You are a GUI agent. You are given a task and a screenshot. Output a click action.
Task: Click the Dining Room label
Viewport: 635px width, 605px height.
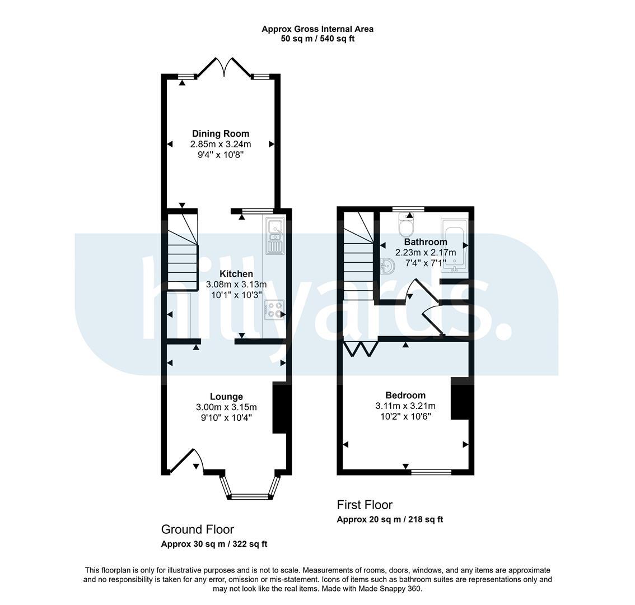click(220, 133)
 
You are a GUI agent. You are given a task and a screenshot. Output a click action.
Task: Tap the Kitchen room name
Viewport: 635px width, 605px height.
click(236, 273)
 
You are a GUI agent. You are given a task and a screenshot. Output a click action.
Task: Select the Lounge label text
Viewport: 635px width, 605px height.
click(226, 397)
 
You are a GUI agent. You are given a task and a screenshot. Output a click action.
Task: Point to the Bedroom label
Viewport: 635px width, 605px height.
click(405, 395)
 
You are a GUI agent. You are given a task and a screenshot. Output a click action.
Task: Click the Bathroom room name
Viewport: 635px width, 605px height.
click(426, 242)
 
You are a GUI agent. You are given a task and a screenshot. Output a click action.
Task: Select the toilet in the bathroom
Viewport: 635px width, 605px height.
click(405, 225)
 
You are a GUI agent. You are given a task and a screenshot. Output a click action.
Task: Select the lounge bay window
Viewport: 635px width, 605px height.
click(250, 487)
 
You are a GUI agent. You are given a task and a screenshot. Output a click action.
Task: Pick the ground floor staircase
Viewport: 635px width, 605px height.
click(183, 251)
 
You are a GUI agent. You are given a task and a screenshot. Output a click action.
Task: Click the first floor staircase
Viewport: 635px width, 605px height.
click(358, 256)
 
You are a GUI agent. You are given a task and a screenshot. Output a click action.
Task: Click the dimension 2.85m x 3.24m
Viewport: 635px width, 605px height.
click(221, 144)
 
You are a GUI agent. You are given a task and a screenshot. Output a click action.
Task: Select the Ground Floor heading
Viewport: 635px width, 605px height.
click(198, 529)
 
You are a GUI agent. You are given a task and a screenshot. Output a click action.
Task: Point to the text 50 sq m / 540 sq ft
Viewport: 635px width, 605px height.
click(317, 39)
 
